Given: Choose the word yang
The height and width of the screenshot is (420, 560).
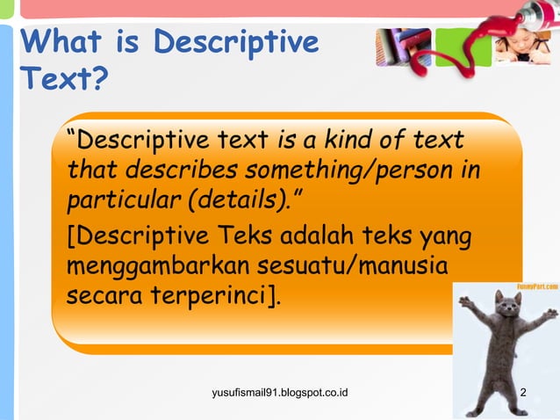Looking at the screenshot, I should (x=446, y=236).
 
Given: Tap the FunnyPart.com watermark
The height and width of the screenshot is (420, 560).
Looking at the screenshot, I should (x=536, y=287).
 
